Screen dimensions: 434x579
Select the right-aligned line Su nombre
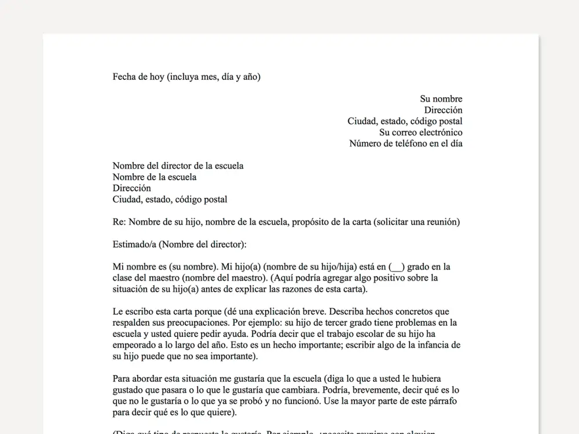tap(441, 99)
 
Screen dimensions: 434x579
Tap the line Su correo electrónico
tap(421, 133)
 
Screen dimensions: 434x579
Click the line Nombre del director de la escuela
tap(178, 166)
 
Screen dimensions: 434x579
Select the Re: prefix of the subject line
tap(119, 222)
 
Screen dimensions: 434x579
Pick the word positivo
tap(383, 278)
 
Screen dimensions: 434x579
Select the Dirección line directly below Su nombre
tap(443, 110)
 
